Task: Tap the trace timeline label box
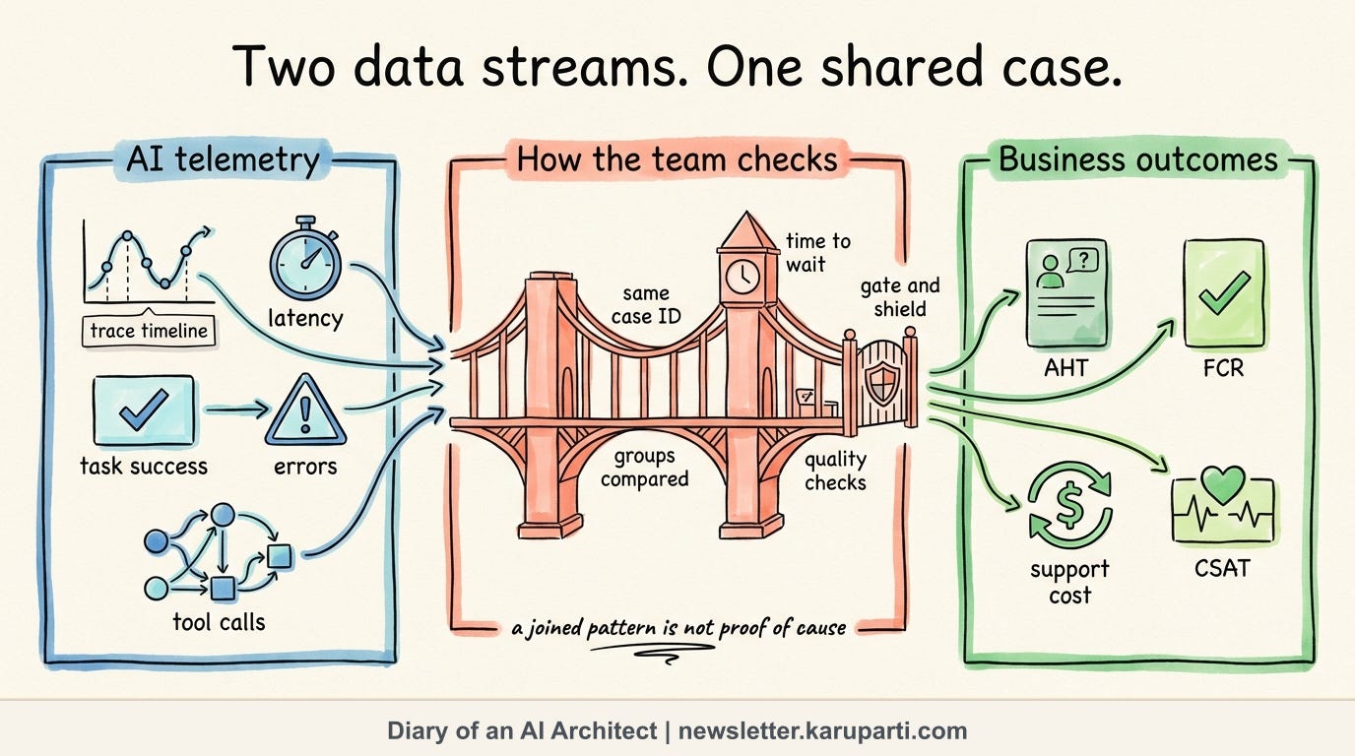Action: (149, 331)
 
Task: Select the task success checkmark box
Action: (144, 410)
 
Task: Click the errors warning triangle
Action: (305, 410)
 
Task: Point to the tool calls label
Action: (219, 622)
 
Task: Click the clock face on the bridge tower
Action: (742, 277)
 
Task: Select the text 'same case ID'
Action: (646, 305)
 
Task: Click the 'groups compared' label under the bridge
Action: (645, 468)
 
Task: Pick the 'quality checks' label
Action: (835, 472)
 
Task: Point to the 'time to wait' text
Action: (818, 253)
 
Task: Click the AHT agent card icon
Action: (1066, 293)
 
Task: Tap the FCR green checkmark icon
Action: (1224, 293)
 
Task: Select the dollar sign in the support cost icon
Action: (1069, 504)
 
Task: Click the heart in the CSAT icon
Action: (1222, 484)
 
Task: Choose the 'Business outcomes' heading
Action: (1137, 159)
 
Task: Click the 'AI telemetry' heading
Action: (224, 159)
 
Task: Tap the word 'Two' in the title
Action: (284, 67)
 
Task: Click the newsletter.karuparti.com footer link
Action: (822, 730)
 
